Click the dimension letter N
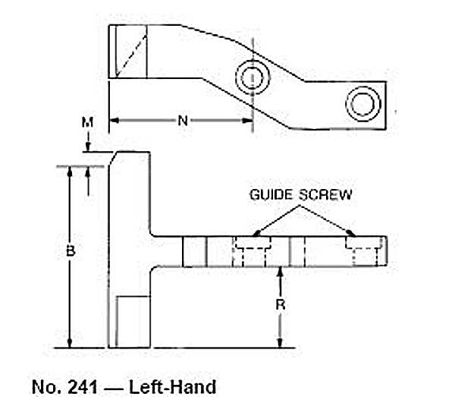pyautogui.click(x=183, y=121)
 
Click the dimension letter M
pyautogui.click(x=87, y=122)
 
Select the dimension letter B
pyautogui.click(x=71, y=251)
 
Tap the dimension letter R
pyautogui.click(x=281, y=305)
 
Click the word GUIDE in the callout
pyautogui.click(x=271, y=194)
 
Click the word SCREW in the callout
pyautogui.click(x=325, y=194)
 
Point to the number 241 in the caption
pyautogui.click(x=83, y=387)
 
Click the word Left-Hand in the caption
pyautogui.click(x=172, y=387)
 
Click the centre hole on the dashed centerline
pyautogui.click(x=253, y=77)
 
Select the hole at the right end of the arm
pyautogui.click(x=363, y=104)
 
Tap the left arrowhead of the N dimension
pyautogui.click(x=115, y=121)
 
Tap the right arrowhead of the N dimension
pyautogui.click(x=247, y=121)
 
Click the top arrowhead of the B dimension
pyautogui.click(x=69, y=172)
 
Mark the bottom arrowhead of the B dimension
pyautogui.click(x=69, y=342)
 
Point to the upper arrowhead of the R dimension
pyautogui.click(x=280, y=272)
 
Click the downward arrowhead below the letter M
pyautogui.click(x=88, y=147)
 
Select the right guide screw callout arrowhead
pyautogui.click(x=350, y=232)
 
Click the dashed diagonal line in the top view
pyautogui.click(x=131, y=55)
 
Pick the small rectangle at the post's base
pyautogui.click(x=133, y=322)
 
